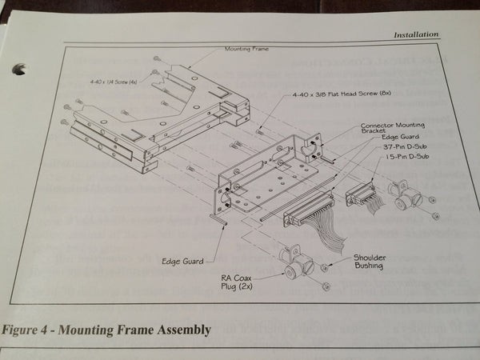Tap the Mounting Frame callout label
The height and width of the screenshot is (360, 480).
(x=246, y=49)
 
